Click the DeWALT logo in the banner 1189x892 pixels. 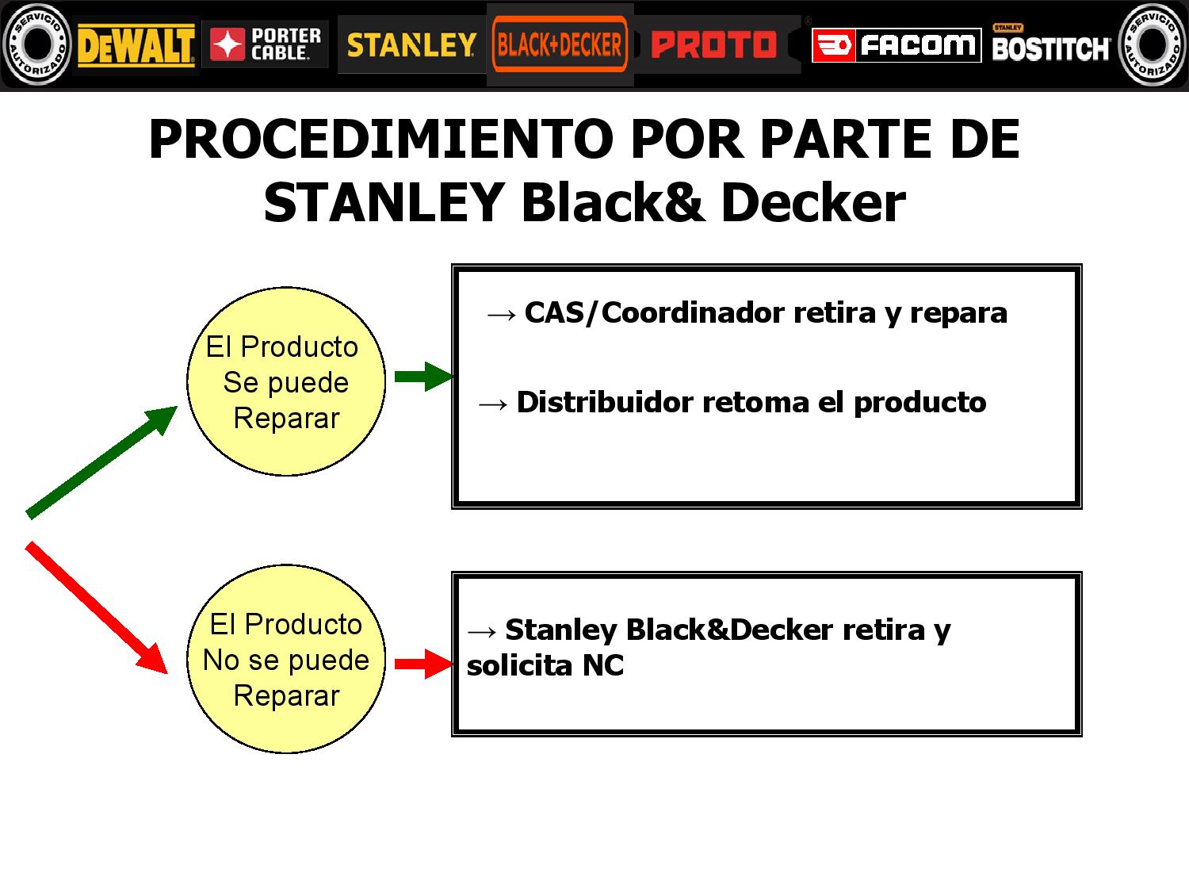[x=136, y=45]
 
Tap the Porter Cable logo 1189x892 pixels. [x=265, y=44]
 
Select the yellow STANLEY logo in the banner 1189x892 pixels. [x=411, y=45]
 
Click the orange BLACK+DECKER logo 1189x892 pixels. [x=560, y=44]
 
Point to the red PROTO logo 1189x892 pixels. [x=713, y=44]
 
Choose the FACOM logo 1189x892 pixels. [x=897, y=45]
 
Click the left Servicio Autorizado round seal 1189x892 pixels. [x=36, y=44]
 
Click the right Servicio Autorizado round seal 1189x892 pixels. [x=1153, y=44]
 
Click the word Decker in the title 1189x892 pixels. [x=813, y=202]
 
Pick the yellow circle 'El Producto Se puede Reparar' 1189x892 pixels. [x=286, y=382]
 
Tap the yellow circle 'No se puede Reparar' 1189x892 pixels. [x=286, y=659]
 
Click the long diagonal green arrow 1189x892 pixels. [x=101, y=462]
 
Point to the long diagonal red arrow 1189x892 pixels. [x=97, y=607]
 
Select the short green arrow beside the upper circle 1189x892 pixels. [x=423, y=377]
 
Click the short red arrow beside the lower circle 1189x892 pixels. [x=423, y=664]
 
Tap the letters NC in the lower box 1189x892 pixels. [x=603, y=665]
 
